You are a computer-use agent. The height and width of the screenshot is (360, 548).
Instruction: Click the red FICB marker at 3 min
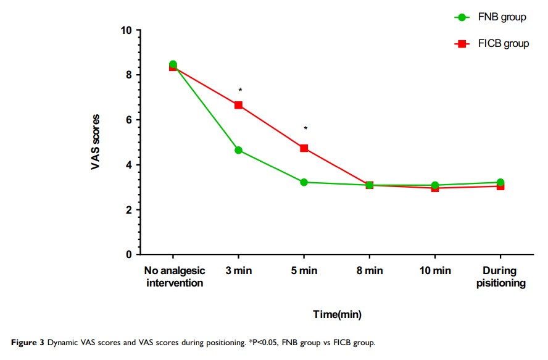click(238, 105)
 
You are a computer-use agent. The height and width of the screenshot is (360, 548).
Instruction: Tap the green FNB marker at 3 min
click(238, 150)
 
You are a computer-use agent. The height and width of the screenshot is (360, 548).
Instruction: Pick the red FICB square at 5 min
click(304, 148)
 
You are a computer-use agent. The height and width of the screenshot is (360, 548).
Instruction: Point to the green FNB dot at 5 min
click(304, 182)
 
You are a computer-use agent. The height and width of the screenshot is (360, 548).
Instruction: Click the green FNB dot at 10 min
click(434, 185)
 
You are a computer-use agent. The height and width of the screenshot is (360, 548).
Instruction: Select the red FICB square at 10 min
click(434, 188)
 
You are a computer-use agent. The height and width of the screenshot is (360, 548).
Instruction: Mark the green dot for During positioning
click(500, 183)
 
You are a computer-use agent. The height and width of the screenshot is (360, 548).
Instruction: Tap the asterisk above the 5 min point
click(305, 128)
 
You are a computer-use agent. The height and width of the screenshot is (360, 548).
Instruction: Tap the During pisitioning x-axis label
click(500, 277)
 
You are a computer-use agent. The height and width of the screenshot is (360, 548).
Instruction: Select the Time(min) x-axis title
click(336, 314)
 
